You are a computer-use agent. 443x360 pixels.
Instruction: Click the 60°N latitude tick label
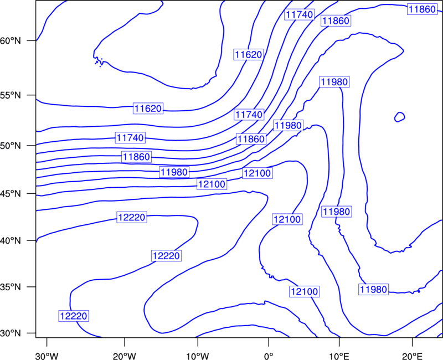click(11, 41)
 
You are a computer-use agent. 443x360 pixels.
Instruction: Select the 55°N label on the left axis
click(11, 95)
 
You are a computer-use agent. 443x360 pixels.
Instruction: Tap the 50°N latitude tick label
click(11, 146)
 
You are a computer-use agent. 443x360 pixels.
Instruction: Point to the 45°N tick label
click(11, 194)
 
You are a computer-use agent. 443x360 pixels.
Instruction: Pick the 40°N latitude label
click(11, 241)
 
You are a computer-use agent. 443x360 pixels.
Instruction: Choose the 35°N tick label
click(11, 287)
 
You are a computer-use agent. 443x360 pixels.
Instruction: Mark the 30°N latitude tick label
click(11, 333)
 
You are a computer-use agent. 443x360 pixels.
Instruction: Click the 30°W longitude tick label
click(47, 356)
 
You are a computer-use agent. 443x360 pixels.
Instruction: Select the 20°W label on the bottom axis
click(124, 356)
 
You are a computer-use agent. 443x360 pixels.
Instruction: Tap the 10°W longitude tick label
click(198, 356)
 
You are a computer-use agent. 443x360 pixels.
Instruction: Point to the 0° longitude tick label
click(269, 356)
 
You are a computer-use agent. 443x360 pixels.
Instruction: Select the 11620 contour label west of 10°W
click(148, 109)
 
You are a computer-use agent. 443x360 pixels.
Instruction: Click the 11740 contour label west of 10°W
click(130, 138)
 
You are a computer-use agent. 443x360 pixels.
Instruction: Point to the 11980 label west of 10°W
click(174, 172)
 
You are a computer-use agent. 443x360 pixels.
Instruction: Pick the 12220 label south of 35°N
click(74, 316)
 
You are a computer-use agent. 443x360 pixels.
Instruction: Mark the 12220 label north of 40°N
click(132, 218)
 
